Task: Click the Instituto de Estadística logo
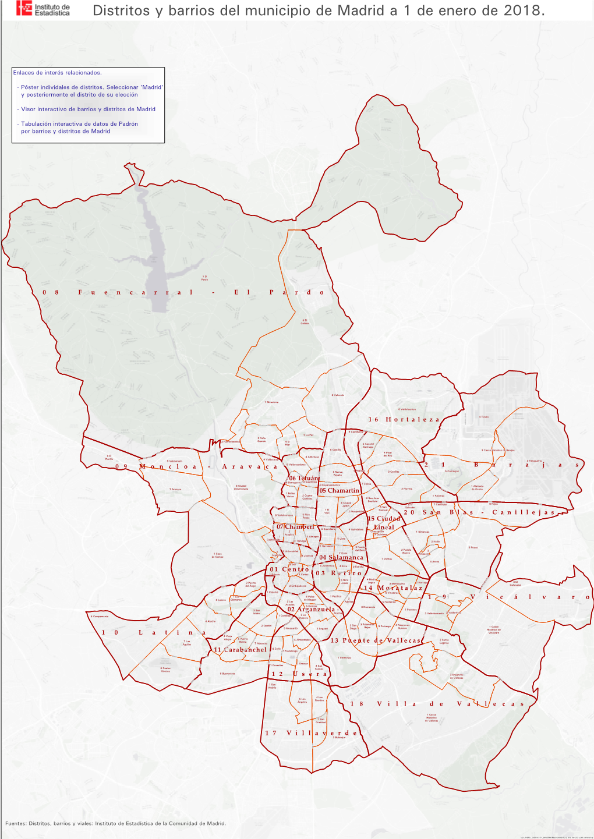point(44,9)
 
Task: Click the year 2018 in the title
point(524,10)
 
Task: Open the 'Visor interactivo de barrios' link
point(88,109)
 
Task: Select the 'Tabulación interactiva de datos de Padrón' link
point(79,124)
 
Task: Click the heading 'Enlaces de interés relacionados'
point(57,73)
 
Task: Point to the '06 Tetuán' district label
point(303,478)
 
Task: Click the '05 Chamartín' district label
point(339,491)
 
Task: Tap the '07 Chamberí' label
point(295,527)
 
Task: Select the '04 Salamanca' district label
point(341,558)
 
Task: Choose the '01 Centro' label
point(289,569)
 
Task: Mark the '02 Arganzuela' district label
point(311,610)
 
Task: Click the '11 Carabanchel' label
point(240,650)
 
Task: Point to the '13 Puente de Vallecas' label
point(375,640)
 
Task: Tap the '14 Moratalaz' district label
point(393,588)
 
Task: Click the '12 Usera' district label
point(299,674)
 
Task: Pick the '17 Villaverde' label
point(311,733)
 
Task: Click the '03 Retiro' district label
point(338,573)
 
